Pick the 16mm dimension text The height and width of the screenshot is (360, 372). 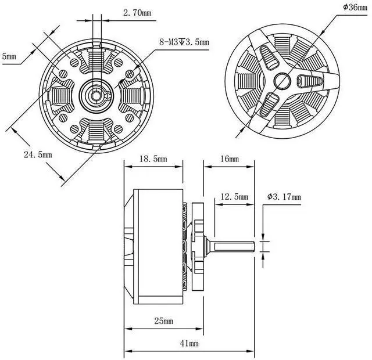click(230, 159)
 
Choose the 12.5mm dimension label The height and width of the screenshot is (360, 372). click(234, 197)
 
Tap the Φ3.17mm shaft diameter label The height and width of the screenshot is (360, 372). click(284, 197)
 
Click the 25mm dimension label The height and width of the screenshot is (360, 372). click(163, 321)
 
